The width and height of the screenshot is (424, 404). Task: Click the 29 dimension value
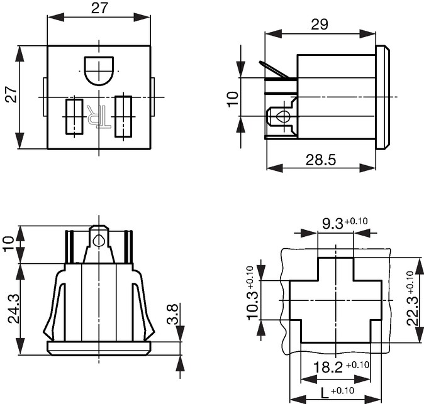(320, 25)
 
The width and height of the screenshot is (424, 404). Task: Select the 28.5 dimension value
(321, 160)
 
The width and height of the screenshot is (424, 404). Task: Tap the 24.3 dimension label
(14, 309)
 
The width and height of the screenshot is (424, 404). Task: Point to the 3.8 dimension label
(172, 314)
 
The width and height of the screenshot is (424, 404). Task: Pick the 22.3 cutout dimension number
(413, 310)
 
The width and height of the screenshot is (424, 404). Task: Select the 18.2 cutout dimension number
(328, 368)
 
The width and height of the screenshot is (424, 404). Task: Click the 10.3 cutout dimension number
(253, 305)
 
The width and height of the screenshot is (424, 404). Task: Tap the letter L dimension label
(325, 393)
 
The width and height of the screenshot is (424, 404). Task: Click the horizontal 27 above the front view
(99, 8)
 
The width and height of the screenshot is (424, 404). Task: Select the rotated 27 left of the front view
(11, 94)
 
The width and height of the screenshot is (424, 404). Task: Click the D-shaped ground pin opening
(99, 71)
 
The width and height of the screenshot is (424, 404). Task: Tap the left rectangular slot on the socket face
(74, 117)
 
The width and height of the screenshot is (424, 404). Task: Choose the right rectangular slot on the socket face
(123, 116)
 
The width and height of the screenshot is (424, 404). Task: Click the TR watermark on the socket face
(99, 116)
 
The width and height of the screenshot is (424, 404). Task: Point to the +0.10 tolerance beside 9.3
(356, 221)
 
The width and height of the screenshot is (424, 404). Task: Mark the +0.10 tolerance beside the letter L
(342, 391)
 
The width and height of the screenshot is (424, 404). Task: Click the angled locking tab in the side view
(274, 69)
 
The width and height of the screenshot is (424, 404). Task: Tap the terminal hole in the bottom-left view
(98, 240)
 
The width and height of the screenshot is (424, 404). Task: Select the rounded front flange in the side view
(382, 97)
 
